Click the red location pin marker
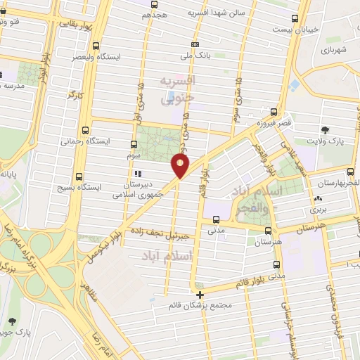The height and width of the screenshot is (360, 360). [181, 166]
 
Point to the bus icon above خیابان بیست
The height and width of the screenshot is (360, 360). [294, 19]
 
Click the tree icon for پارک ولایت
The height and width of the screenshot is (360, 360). [325, 130]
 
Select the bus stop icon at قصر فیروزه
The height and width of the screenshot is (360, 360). [274, 112]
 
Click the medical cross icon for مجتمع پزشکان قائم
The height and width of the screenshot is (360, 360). [200, 295]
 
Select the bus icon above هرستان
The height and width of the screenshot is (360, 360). [268, 229]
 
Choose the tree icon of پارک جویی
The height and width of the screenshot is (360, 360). [12, 320]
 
